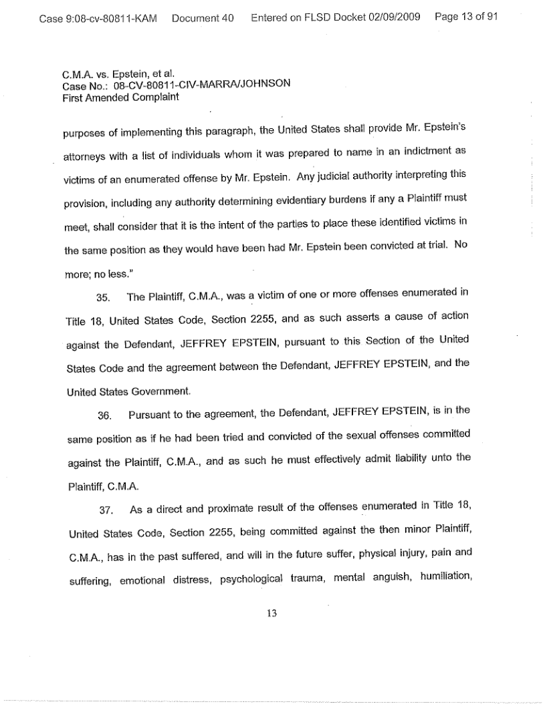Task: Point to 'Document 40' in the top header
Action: coord(202,17)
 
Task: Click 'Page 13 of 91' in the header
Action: coord(466,17)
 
